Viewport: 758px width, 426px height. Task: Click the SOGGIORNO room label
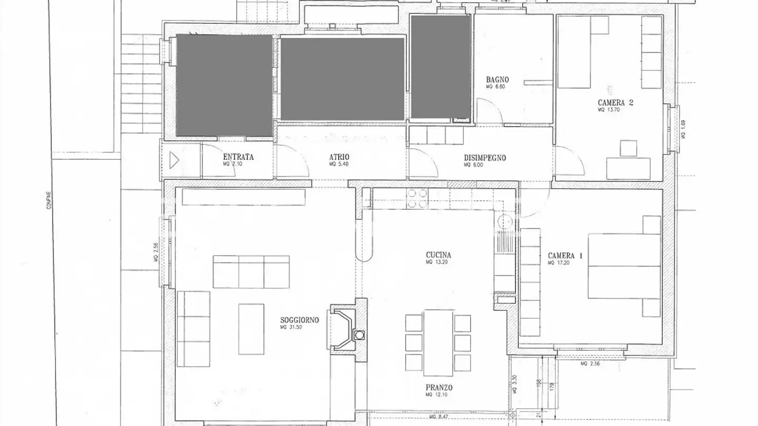299,319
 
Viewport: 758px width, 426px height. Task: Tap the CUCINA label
438,255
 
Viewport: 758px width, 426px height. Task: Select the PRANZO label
439,388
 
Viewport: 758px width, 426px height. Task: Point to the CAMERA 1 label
565,256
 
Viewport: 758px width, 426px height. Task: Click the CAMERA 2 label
615,103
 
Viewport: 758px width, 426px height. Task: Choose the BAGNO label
497,80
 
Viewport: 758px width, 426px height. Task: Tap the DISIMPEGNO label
485,157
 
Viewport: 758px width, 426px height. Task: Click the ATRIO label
340,157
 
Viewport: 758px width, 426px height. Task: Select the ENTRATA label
238,157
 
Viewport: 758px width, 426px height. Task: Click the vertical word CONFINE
48,199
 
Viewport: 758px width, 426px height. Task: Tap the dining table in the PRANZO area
438,342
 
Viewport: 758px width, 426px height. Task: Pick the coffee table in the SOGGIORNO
251,329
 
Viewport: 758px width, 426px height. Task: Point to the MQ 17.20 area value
556,262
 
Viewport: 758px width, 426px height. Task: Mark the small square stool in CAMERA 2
628,148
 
